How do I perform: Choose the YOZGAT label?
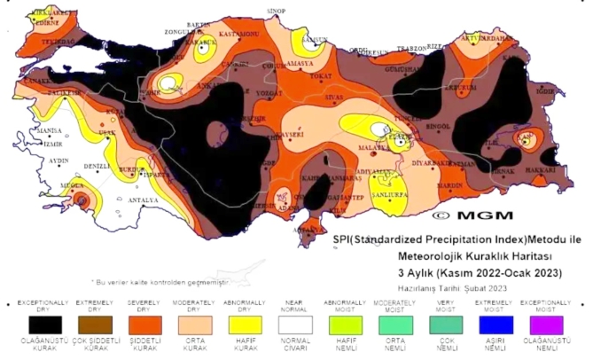pyautogui.click(x=269, y=92)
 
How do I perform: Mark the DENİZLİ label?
pyautogui.click(x=96, y=166)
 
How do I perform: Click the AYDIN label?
pyautogui.click(x=59, y=160)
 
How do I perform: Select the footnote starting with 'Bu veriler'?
pyautogui.click(x=160, y=281)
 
